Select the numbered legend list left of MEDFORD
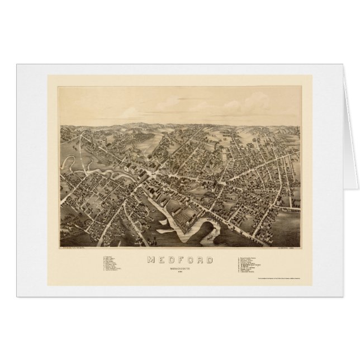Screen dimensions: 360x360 114,266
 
